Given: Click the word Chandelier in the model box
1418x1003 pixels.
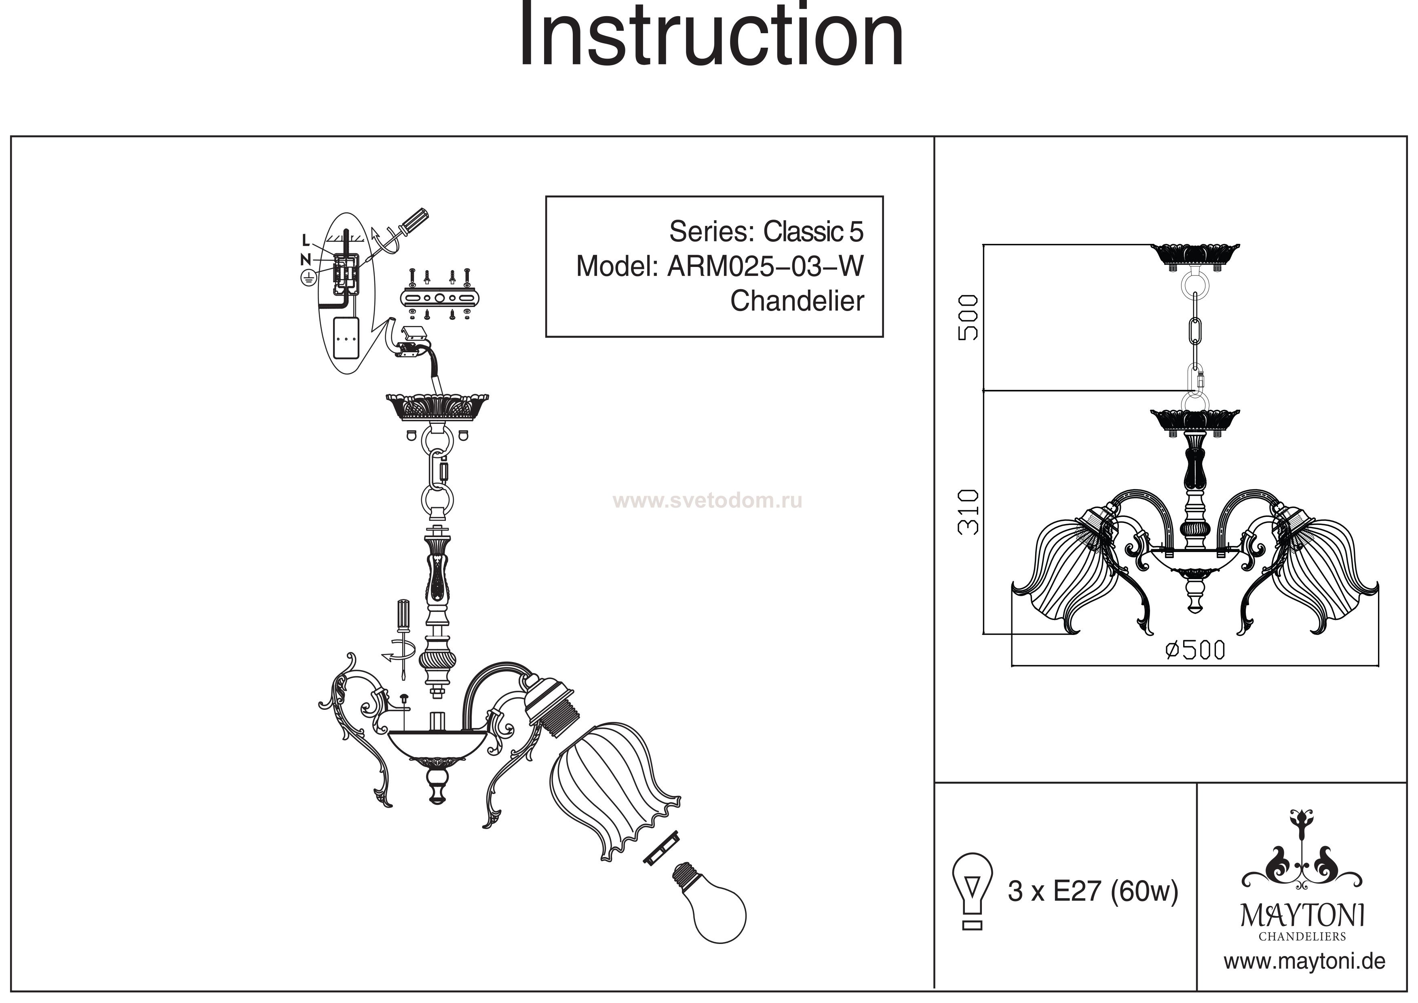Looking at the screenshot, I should pos(797,302).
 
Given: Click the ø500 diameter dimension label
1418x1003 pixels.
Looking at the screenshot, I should pos(1194,650).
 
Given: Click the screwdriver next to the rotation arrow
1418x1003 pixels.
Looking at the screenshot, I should pos(403,618).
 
